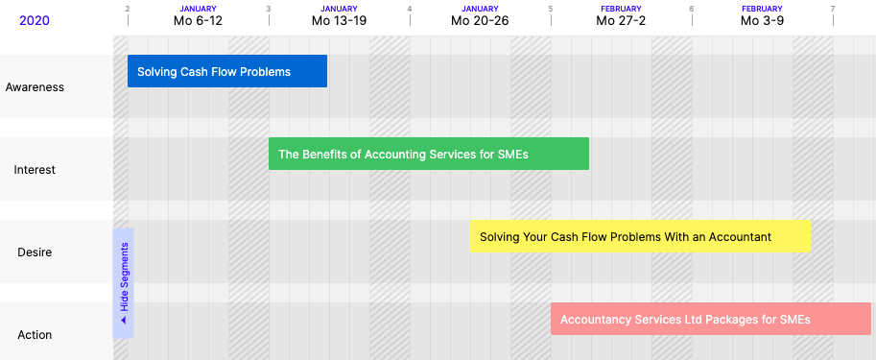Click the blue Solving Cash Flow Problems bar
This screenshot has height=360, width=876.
(x=227, y=71)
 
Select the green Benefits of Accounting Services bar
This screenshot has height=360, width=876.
(x=429, y=154)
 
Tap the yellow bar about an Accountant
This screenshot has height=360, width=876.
(x=640, y=236)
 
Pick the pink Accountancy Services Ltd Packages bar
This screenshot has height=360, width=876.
(x=711, y=319)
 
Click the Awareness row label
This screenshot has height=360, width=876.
(x=35, y=87)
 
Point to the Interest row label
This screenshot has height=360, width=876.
(x=35, y=170)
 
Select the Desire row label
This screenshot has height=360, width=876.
(x=35, y=252)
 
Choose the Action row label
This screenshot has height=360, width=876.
(x=35, y=335)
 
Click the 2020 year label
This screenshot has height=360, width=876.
(x=35, y=21)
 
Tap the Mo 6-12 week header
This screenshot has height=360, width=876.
(x=198, y=21)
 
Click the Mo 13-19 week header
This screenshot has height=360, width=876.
(x=339, y=21)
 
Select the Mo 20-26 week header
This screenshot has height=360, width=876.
(x=480, y=21)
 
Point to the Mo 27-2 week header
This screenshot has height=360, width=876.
(x=621, y=21)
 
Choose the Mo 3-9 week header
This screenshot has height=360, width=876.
(x=762, y=21)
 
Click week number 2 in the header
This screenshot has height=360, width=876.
(x=128, y=9)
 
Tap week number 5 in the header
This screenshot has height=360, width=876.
(x=551, y=9)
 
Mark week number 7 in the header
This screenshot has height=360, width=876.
(x=833, y=9)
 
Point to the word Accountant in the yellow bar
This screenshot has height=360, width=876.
(x=740, y=237)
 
